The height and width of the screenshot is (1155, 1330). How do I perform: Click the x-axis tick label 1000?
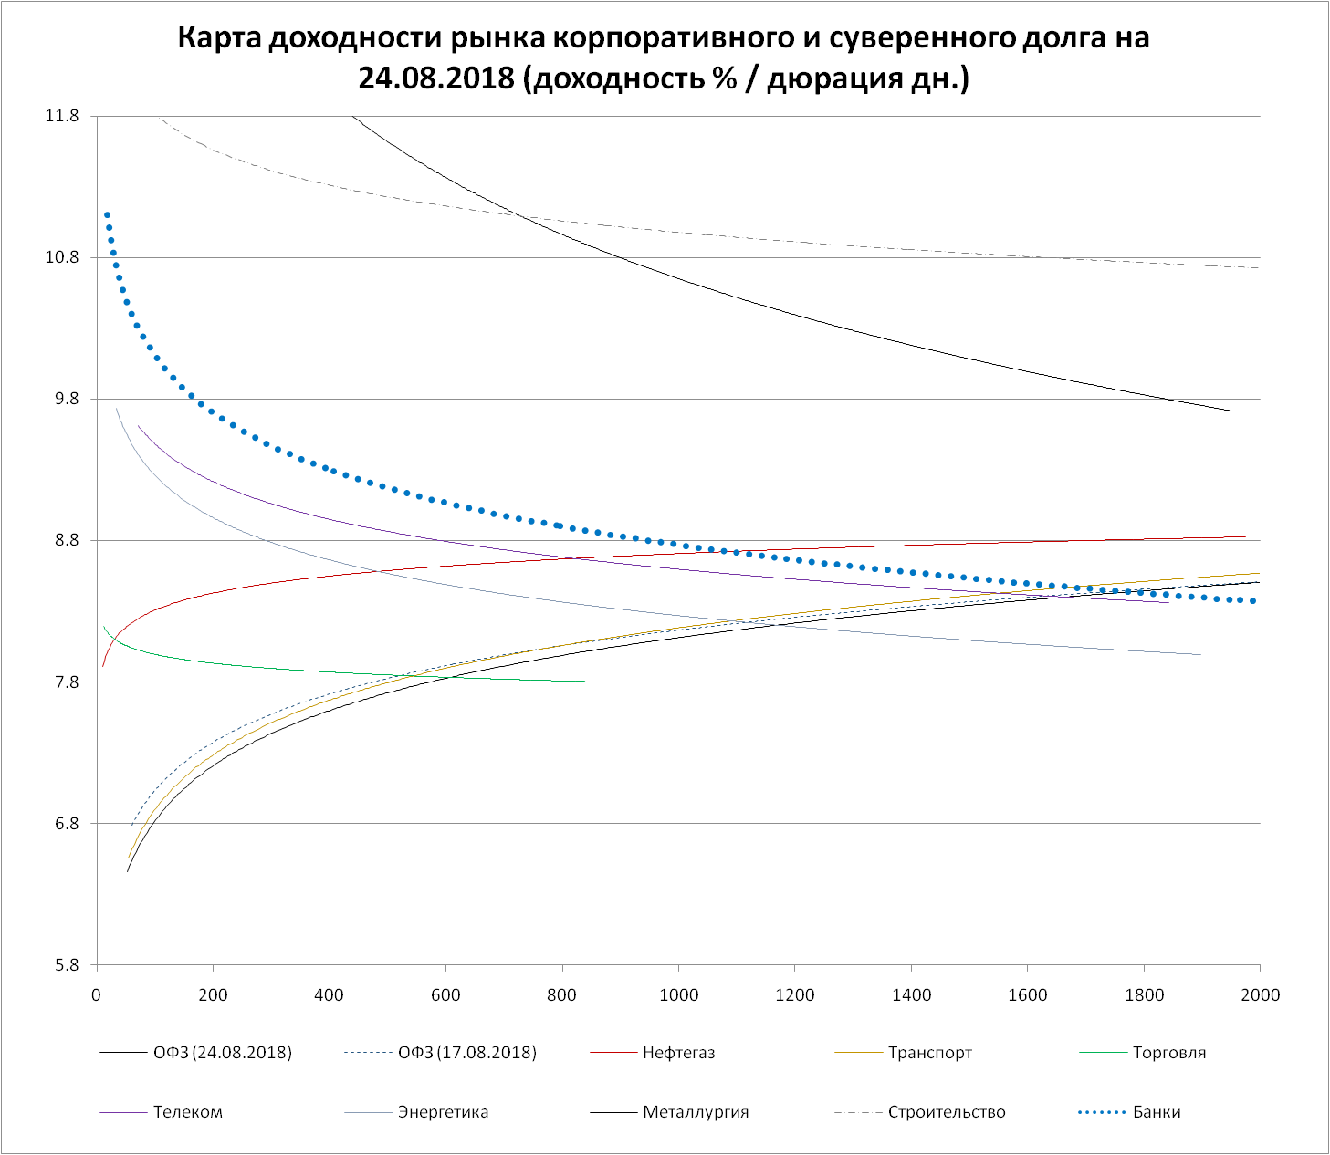click(x=678, y=995)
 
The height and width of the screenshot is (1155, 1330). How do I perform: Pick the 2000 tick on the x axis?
click(x=1261, y=995)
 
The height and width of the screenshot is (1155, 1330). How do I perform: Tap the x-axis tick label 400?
click(x=330, y=995)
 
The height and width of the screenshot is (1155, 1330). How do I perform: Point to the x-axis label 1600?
click(x=1028, y=995)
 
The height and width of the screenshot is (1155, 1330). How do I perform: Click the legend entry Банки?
click(x=1157, y=1112)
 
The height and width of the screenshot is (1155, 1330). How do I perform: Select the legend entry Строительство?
click(x=947, y=1112)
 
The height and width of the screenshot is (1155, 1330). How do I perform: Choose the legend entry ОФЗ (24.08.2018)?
click(x=223, y=1053)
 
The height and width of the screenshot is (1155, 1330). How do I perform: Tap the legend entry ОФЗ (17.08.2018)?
click(x=467, y=1053)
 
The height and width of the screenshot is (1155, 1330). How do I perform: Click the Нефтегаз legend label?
click(x=679, y=1053)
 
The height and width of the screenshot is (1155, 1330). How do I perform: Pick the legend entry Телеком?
click(x=188, y=1112)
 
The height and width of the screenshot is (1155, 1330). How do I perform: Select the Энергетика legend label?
click(x=443, y=1112)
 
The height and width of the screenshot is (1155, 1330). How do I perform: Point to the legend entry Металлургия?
click(x=696, y=1112)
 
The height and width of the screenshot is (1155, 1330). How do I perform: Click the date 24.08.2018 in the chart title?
click(x=436, y=78)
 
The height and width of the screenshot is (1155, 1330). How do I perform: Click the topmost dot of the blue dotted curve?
click(x=107, y=215)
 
